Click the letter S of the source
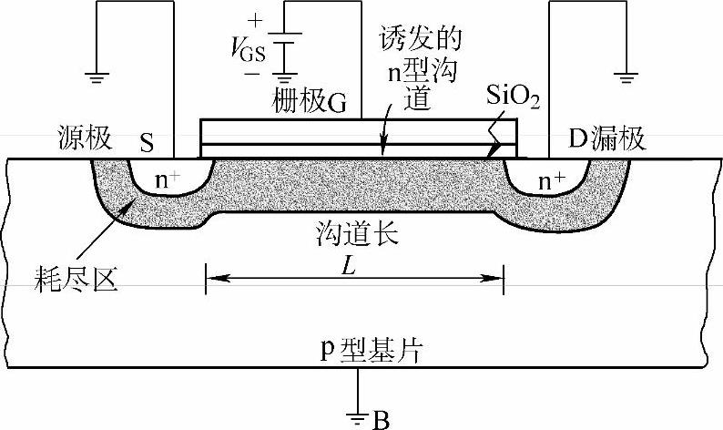(x=147, y=141)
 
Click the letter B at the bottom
(x=383, y=419)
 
